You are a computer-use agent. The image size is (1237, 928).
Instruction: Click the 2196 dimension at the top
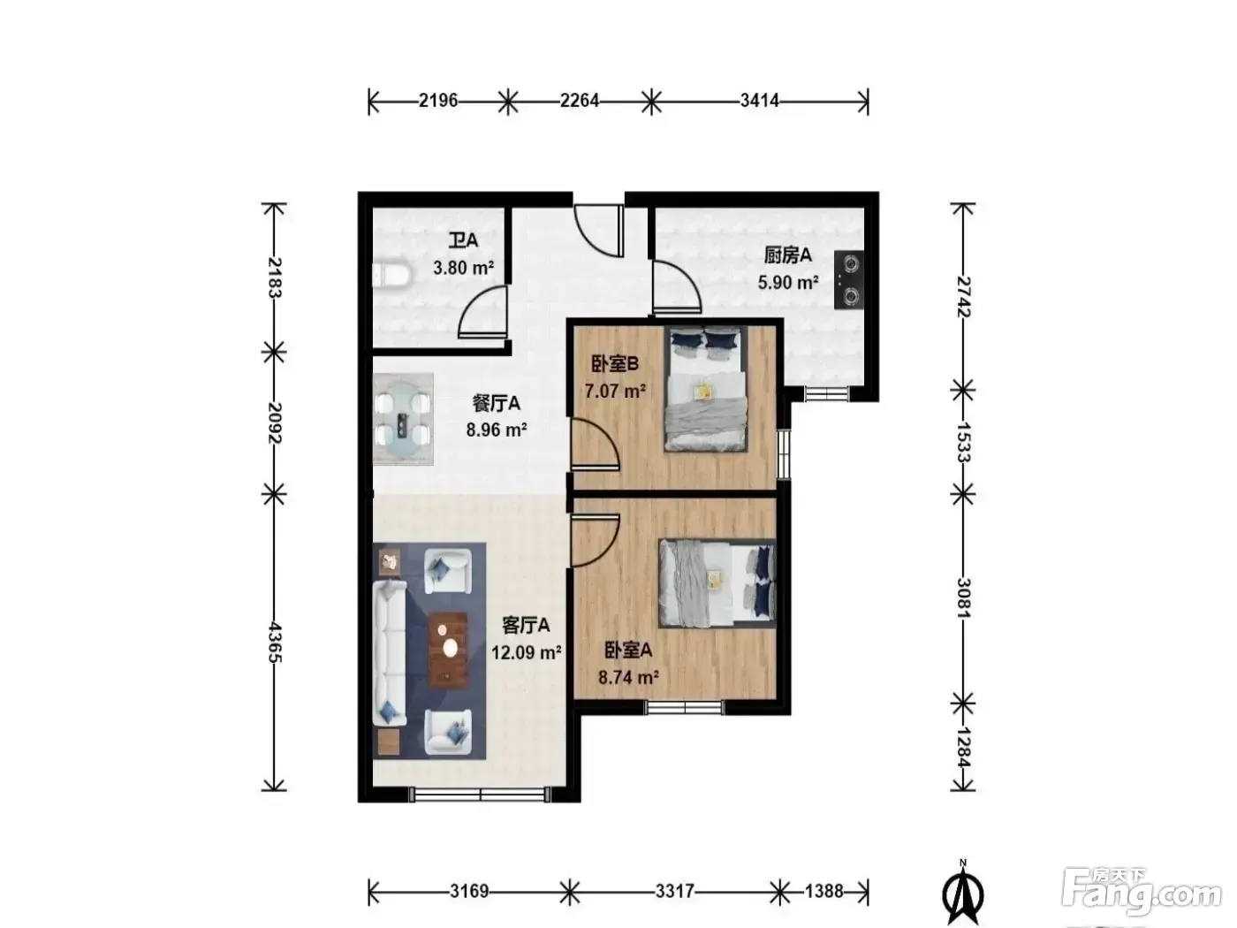pyautogui.click(x=438, y=101)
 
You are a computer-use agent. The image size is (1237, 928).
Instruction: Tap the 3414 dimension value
pyautogui.click(x=759, y=101)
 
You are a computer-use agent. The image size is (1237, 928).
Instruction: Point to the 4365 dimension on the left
pyautogui.click(x=275, y=642)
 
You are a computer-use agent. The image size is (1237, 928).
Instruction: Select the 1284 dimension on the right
pyautogui.click(x=962, y=747)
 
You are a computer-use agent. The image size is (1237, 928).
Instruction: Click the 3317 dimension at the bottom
pyautogui.click(x=674, y=891)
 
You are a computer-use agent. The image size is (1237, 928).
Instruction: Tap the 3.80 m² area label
pyautogui.click(x=463, y=267)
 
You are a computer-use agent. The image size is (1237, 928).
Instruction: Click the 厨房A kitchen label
pyautogui.click(x=788, y=255)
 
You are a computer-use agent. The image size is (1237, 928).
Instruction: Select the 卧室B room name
pyautogui.click(x=615, y=364)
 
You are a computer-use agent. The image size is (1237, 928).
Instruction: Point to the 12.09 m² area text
pyautogui.click(x=526, y=652)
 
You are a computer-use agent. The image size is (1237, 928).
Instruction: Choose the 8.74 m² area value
pyautogui.click(x=628, y=677)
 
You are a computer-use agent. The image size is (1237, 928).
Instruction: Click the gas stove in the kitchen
pyautogui.click(x=849, y=279)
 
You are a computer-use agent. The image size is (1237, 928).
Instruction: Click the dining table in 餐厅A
pyautogui.click(x=403, y=419)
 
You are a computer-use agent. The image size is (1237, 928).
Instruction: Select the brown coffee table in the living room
pyautogui.click(x=449, y=650)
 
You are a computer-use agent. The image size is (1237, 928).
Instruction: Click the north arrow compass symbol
pyautogui.click(x=962, y=894)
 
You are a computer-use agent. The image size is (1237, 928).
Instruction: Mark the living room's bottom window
pyautogui.click(x=480, y=795)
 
